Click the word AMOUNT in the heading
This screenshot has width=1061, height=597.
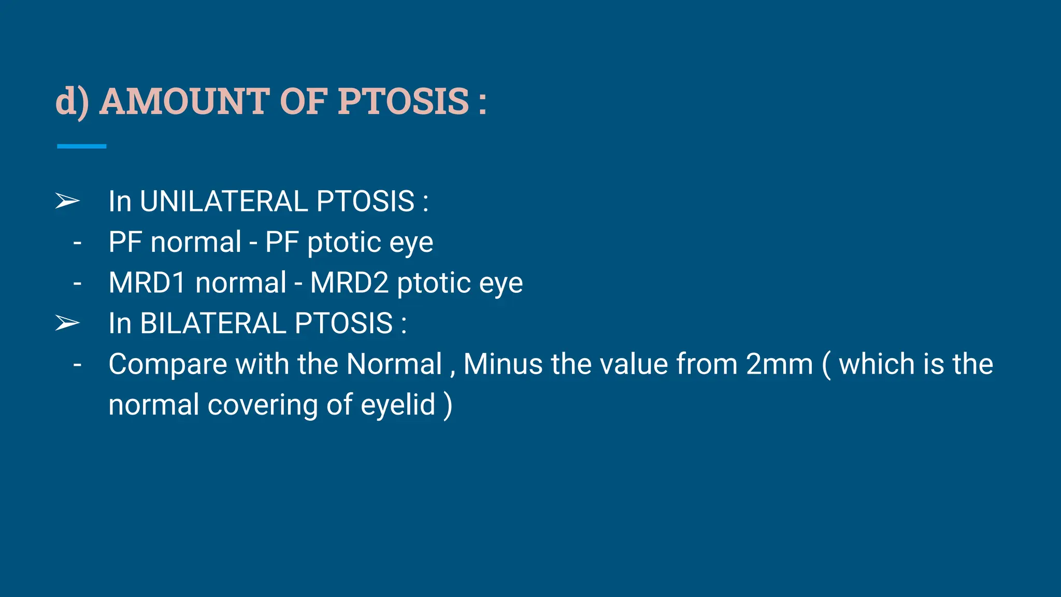pos(183,101)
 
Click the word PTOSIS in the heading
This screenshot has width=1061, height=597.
pos(404,101)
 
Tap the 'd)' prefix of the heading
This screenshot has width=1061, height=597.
pos(72,102)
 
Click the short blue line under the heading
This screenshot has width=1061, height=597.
pos(81,147)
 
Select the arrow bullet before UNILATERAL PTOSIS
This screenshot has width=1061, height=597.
pos(67,201)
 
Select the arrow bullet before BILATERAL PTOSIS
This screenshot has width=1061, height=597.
pos(67,323)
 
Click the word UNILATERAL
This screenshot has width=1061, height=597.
pos(225,201)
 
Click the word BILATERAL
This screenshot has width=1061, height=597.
pos(213,323)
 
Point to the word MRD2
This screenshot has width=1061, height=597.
pos(349,283)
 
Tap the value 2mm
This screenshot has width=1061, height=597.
pos(780,364)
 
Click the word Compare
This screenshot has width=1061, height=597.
pos(167,364)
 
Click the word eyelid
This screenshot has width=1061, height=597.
pos(398,405)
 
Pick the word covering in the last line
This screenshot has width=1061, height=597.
pos(263,405)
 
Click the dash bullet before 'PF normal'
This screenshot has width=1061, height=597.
pos(77,243)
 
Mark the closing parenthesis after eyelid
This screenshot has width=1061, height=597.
pos(448,405)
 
